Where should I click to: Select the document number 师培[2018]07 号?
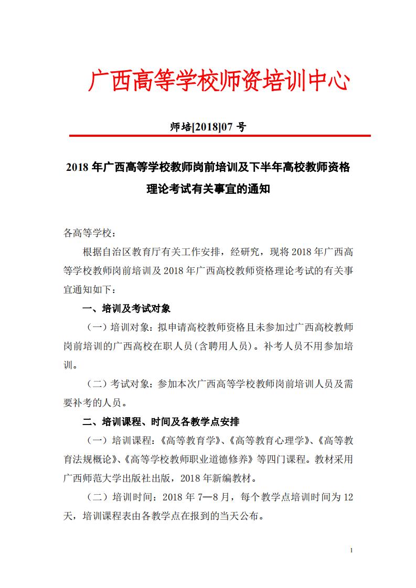tap(208, 127)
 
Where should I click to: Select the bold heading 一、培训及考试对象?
tap(127, 308)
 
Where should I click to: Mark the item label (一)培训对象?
tap(118, 327)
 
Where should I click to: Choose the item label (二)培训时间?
tap(118, 497)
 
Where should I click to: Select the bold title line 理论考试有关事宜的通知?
tap(208, 189)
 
